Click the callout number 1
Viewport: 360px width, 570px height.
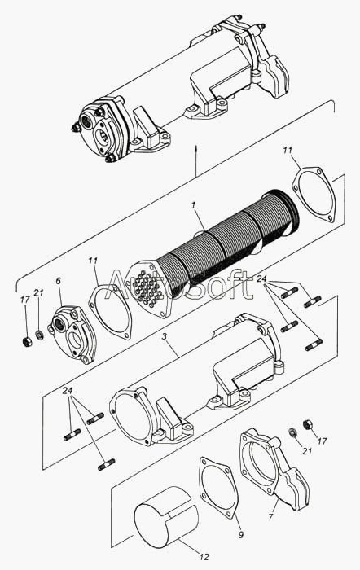click(194, 205)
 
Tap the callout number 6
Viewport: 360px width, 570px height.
click(59, 281)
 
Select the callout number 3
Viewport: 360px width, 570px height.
click(165, 337)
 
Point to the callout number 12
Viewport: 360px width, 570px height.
click(204, 557)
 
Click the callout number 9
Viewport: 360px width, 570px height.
click(241, 535)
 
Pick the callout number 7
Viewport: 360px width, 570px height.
click(270, 517)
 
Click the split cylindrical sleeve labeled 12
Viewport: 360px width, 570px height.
click(166, 517)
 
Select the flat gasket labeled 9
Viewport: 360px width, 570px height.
click(218, 487)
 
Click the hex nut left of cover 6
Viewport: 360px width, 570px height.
click(27, 342)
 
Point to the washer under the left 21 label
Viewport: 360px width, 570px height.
click(40, 335)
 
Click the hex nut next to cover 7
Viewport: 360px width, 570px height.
click(307, 424)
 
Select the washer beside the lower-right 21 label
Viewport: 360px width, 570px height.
click(292, 432)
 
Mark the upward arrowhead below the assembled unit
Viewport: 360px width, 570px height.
click(196, 149)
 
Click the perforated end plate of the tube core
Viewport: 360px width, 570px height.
click(151, 288)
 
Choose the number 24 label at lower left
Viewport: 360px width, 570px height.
click(68, 391)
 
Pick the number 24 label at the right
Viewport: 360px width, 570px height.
click(261, 278)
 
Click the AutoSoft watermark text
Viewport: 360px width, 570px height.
click(179, 284)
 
